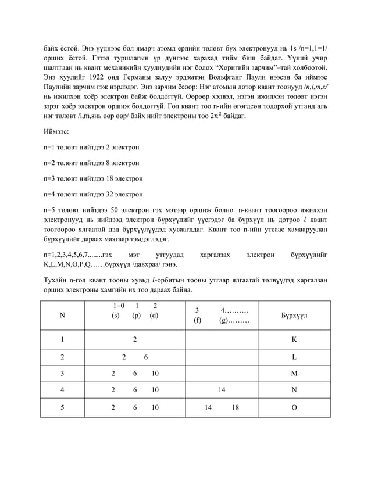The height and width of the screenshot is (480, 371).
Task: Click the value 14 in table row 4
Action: tap(222, 391)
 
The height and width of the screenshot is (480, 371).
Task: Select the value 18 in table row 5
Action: tap(235, 408)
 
